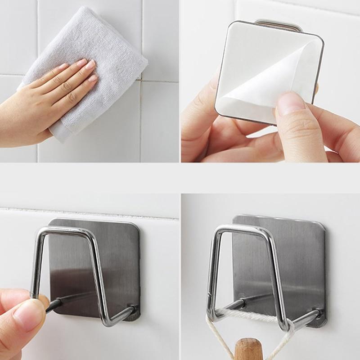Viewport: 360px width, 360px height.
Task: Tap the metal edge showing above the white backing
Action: [x=277, y=22]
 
